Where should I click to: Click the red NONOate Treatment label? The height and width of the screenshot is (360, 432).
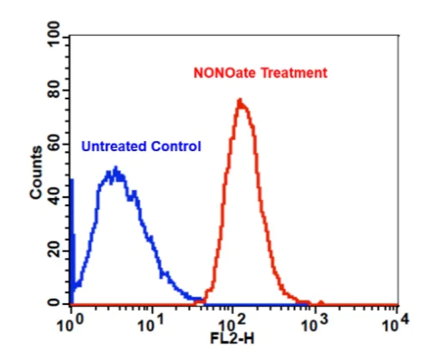coord(259,74)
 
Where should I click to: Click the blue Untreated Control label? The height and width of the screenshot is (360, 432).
coord(141,147)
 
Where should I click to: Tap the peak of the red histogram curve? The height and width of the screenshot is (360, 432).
coord(240,101)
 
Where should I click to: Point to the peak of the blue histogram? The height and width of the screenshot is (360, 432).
coord(115,170)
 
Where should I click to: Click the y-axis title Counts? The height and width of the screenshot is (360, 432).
coord(36,172)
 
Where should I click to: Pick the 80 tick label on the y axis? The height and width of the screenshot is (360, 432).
coord(56,90)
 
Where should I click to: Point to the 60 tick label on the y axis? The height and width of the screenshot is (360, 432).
coord(56,144)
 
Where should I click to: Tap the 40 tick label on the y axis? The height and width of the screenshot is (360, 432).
coord(56,197)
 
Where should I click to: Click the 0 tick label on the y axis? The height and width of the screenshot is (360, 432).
coord(56,303)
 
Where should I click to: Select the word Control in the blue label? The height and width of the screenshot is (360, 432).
coord(176,147)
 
